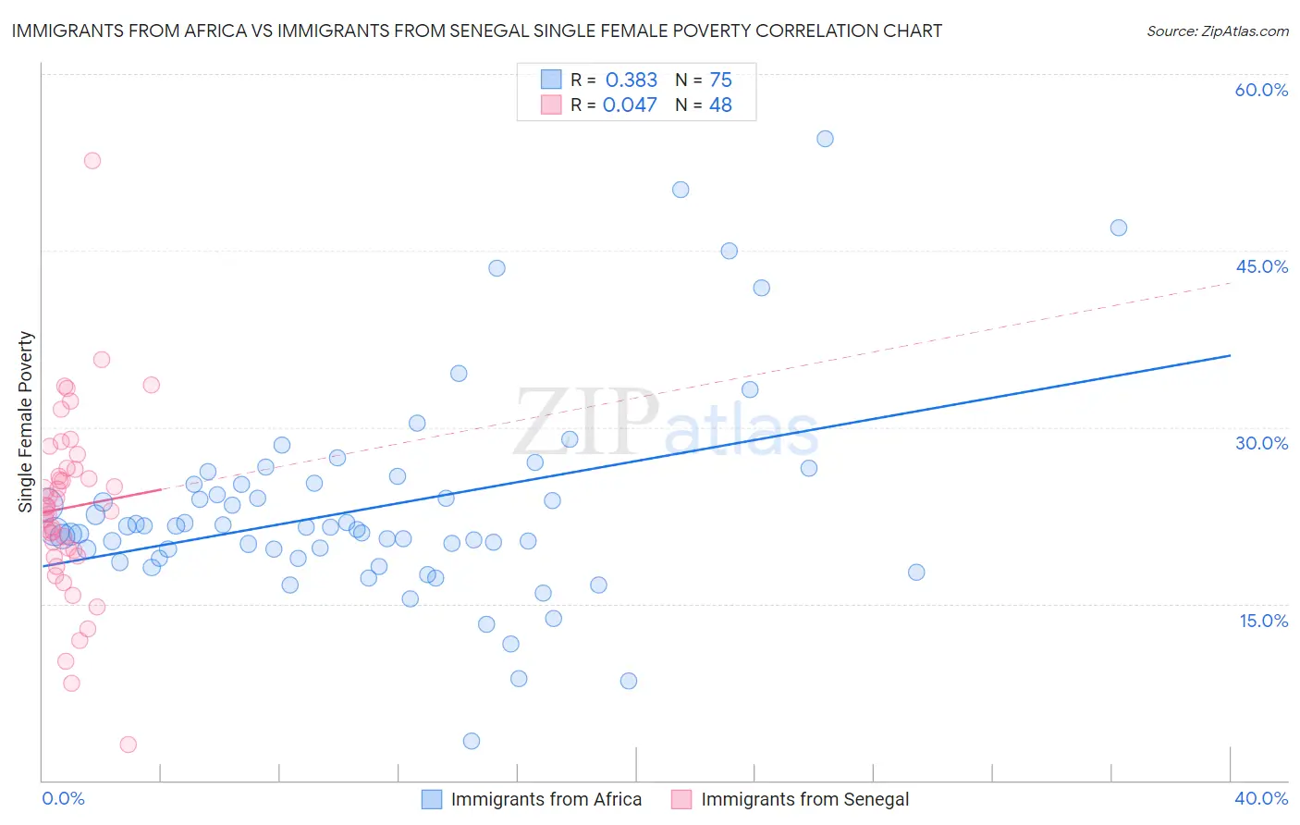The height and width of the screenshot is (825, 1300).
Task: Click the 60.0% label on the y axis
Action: [1261, 90]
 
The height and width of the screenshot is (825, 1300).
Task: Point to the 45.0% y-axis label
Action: [1261, 266]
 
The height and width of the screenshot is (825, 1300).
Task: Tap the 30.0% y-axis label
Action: [1261, 443]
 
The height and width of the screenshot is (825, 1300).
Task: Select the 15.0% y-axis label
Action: [1263, 621]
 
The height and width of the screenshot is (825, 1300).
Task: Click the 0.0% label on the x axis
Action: [63, 798]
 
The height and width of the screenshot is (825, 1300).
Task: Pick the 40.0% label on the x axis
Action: [1261, 798]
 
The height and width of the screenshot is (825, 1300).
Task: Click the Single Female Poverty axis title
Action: [26, 422]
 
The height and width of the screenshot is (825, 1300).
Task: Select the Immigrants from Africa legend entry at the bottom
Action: [546, 799]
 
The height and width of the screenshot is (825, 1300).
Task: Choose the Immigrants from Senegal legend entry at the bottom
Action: [804, 799]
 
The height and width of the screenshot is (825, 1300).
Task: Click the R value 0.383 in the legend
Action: [632, 80]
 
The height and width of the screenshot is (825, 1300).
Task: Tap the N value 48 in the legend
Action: [720, 105]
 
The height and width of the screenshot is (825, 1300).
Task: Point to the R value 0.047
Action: [630, 105]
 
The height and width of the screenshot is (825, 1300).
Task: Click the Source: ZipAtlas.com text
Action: [1217, 31]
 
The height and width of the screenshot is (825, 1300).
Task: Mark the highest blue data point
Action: [825, 139]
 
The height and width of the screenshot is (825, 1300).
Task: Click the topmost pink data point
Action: [92, 160]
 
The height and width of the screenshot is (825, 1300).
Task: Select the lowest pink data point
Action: [129, 745]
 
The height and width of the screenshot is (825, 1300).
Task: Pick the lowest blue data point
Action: [472, 741]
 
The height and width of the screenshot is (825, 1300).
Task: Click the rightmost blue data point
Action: [1119, 228]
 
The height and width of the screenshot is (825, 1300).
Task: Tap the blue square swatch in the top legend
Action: [551, 80]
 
